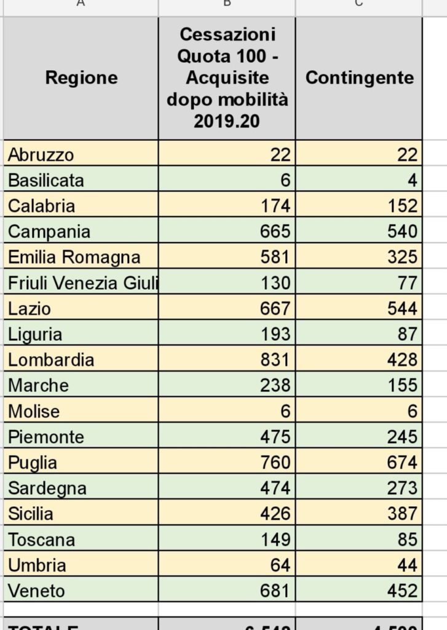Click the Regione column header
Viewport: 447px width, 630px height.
(x=81, y=78)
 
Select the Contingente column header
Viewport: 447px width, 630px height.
(x=359, y=78)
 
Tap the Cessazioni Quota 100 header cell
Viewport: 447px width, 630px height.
(x=227, y=78)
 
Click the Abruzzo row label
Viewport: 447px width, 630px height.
(x=41, y=154)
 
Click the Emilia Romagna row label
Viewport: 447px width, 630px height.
(x=74, y=257)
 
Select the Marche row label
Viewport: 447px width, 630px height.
(x=38, y=386)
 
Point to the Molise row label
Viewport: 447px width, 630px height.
(x=34, y=412)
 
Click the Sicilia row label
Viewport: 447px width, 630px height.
(x=31, y=514)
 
